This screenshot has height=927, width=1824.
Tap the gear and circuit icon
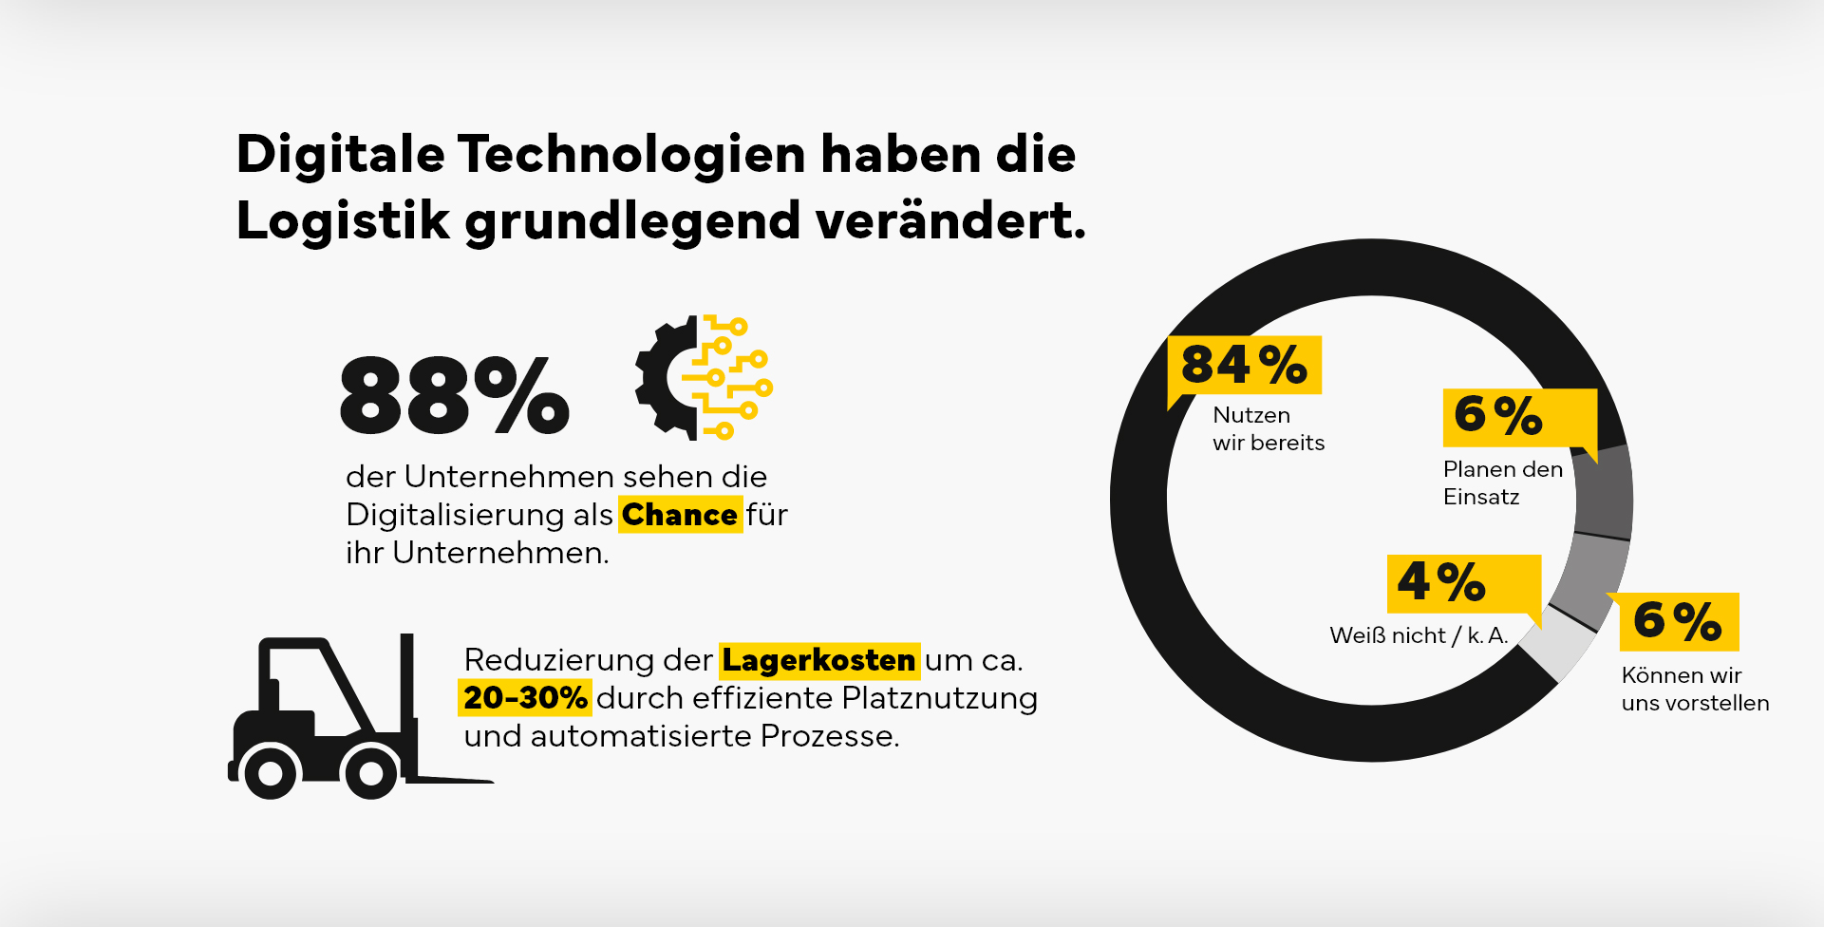[x=704, y=378]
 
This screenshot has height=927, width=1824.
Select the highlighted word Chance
[x=680, y=515]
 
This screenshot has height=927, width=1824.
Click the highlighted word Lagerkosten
[x=818, y=660]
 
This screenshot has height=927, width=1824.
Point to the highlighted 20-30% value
[x=525, y=698]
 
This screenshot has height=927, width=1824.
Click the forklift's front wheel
[x=370, y=773]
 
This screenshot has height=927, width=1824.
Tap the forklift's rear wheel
[x=271, y=773]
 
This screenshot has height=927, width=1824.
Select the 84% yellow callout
[x=1244, y=365]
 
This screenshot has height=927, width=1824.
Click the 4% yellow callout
[x=1462, y=582]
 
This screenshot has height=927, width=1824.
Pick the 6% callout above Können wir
[x=1678, y=621]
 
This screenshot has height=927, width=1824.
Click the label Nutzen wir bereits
[x=1268, y=429]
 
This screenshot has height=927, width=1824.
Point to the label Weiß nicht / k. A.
[x=1418, y=635]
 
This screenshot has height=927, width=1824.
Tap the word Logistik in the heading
[x=343, y=220]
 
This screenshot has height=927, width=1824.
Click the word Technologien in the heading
[x=631, y=154]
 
